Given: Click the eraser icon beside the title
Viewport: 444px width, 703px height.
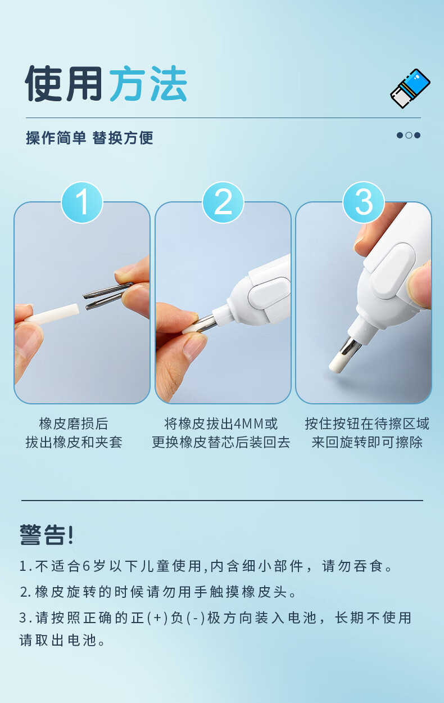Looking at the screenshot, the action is (410, 88).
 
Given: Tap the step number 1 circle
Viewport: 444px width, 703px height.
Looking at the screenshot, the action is (82, 202).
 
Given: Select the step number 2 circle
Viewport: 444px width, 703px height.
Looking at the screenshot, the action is (223, 202).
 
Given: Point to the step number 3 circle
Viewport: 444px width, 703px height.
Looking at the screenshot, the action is (364, 202).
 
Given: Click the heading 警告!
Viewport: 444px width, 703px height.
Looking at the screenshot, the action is (47, 534).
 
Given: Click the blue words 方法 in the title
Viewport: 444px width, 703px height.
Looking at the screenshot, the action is (148, 83).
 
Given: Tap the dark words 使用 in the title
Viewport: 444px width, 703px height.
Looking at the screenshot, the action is (64, 83).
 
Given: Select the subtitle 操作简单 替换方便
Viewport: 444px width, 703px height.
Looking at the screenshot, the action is (89, 138).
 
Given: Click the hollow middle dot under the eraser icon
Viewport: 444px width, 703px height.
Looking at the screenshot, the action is (409, 136).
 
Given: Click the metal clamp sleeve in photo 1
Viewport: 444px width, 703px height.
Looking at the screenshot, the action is (107, 296).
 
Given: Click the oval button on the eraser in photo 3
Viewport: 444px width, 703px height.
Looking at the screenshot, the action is (393, 271).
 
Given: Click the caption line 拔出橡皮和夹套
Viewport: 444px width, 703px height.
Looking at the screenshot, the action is (74, 442).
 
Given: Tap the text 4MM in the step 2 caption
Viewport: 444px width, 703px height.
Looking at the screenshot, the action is (248, 423).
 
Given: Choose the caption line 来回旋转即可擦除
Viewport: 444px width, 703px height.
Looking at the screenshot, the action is (367, 442).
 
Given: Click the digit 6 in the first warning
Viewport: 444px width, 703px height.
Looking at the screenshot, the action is (87, 566).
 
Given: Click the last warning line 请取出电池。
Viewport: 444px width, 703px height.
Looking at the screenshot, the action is (62, 641).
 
